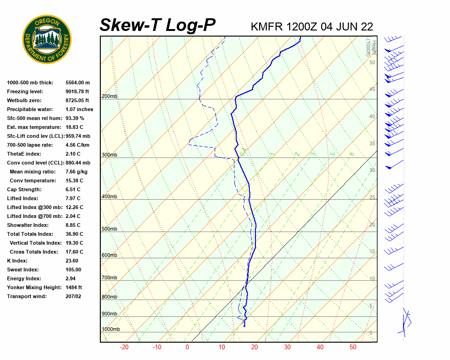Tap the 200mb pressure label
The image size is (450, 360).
point(109,97)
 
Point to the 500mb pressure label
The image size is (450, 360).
point(109,229)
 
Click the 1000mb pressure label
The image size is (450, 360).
point(111,330)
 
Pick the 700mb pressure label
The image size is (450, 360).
point(109,278)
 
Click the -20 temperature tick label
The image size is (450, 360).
point(124,347)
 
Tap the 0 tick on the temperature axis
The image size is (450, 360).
point(187,347)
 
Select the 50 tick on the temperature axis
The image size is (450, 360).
point(353,347)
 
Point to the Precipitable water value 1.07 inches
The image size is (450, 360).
point(79,109)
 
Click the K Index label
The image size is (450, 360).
point(17,261)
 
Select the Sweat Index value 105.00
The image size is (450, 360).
point(73,270)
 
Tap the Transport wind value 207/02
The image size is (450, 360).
point(74,296)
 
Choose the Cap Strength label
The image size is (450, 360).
point(24,189)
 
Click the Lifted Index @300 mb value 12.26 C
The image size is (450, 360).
point(74,207)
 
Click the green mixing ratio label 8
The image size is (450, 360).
point(352,154)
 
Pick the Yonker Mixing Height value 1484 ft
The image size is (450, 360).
point(74,287)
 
